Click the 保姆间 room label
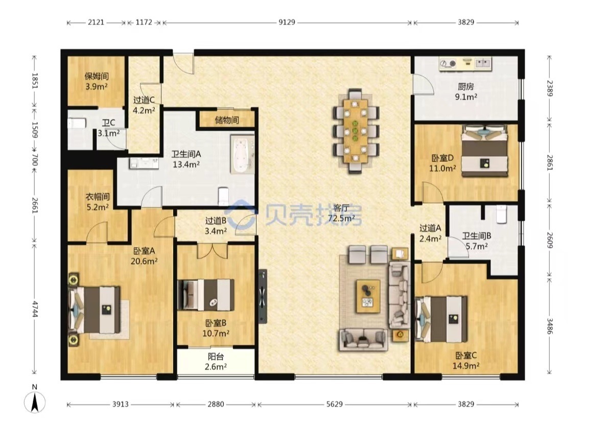coord(97,77)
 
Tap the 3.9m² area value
coord(97,86)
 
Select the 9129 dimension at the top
coord(287,22)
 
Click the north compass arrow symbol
coord(35,402)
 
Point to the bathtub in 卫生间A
coord(242,154)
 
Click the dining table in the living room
coord(356,131)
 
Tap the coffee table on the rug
coord(368,296)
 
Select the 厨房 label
coord(465,86)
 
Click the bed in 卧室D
coord(485,151)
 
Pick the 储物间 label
coord(227,120)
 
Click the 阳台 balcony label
coord(216,357)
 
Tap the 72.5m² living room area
coord(341,218)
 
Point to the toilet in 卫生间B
coord(501,214)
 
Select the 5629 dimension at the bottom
coord(334,404)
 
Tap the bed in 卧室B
coord(206,295)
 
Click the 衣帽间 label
coord(98,197)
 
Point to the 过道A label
coord(430,228)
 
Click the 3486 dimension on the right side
coord(549,326)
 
